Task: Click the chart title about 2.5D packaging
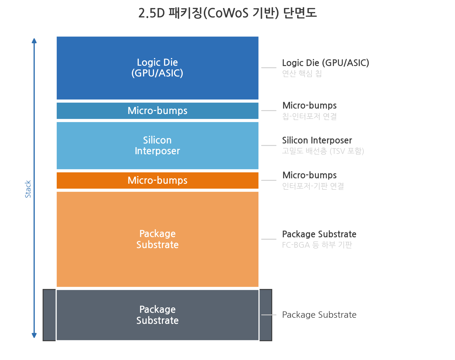(x=227, y=13)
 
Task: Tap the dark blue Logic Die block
(x=158, y=68)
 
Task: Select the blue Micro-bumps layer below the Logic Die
(x=158, y=111)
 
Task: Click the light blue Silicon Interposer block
(x=158, y=145)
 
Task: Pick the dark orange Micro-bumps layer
(x=158, y=180)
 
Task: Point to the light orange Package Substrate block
(x=158, y=239)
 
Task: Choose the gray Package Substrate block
(x=158, y=315)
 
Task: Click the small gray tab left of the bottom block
(x=49, y=315)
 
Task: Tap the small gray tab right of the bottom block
(x=266, y=315)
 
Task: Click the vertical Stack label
(x=28, y=189)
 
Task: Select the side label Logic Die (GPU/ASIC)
(x=326, y=63)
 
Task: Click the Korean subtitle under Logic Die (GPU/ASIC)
(x=302, y=73)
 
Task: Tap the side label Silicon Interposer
(x=317, y=140)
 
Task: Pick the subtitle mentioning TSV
(x=323, y=151)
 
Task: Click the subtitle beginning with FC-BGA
(x=317, y=245)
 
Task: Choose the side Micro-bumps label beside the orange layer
(x=309, y=175)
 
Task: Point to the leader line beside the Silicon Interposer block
(x=269, y=145)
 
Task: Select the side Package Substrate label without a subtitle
(x=319, y=315)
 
